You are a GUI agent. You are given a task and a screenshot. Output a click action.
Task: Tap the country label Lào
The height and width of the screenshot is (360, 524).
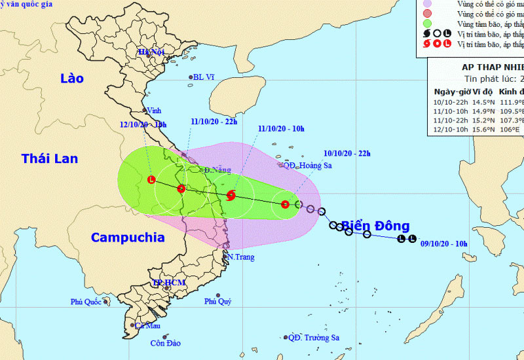tap(71, 78)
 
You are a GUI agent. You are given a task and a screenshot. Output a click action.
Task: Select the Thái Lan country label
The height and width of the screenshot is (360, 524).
tap(49, 158)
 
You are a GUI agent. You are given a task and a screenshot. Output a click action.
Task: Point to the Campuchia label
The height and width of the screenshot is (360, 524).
tap(128, 237)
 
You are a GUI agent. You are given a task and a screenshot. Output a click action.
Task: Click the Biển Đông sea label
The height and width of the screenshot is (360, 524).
tap(375, 226)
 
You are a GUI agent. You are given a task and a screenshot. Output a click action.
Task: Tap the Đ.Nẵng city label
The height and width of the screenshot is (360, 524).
tap(217, 170)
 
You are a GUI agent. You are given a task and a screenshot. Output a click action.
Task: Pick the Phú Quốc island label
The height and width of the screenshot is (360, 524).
tap(86, 302)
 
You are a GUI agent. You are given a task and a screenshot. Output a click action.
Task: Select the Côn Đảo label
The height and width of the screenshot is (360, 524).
tap(165, 343)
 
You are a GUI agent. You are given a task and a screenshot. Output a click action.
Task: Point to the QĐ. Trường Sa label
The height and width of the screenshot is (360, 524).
tap(314, 338)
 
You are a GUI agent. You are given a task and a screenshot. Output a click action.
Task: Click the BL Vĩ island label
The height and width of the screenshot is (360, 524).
tap(205, 77)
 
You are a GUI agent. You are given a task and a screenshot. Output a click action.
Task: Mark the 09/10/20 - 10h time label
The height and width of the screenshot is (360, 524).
tap(443, 243)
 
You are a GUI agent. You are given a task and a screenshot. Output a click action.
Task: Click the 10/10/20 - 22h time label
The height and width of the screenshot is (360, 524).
tap(346, 154)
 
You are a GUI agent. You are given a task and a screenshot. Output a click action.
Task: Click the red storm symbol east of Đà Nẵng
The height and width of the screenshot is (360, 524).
tap(231, 194)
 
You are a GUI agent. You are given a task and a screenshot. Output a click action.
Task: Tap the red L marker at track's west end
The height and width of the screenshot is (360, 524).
tap(151, 179)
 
